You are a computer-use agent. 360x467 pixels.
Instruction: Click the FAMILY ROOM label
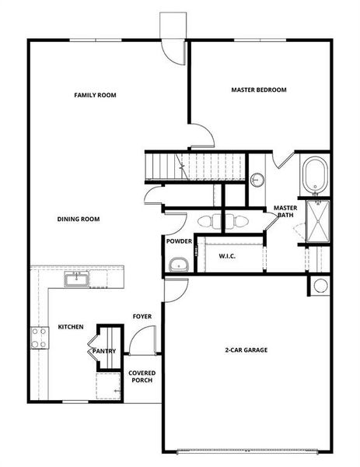point(95,95)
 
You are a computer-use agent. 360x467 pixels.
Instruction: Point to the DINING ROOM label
point(79,219)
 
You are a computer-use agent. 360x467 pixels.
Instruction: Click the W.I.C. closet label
point(227,256)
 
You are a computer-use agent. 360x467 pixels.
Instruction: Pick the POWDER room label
point(179,241)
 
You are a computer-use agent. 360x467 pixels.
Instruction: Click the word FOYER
point(142,317)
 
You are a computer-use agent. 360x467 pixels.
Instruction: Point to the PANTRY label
point(104,351)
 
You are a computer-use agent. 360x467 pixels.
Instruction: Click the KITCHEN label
point(71,327)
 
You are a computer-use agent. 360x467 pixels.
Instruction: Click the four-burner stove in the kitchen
point(38,336)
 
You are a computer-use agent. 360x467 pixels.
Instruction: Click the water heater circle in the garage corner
point(320,286)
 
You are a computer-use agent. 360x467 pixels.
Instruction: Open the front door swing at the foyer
point(139,339)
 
